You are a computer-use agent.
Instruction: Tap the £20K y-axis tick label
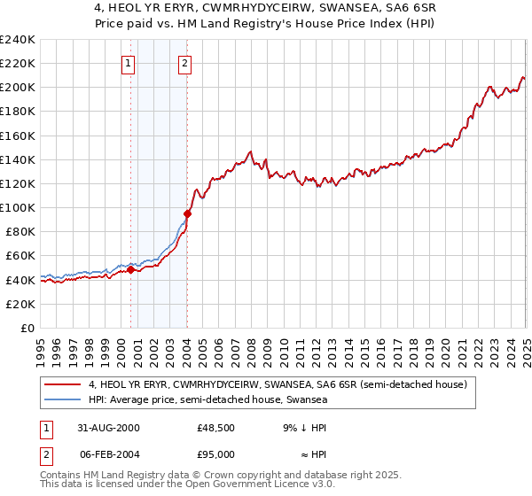pos(20,304)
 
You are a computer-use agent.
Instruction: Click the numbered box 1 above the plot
pos(129,63)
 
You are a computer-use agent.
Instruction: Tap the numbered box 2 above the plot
pos(185,63)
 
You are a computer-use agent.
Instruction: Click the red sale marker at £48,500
pos(131,270)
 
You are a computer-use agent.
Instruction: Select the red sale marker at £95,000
pos(187,213)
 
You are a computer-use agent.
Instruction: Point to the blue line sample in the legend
pos(64,400)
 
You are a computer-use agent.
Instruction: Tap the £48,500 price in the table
pos(216,428)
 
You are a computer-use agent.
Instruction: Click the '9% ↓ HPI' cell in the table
pos(302,428)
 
